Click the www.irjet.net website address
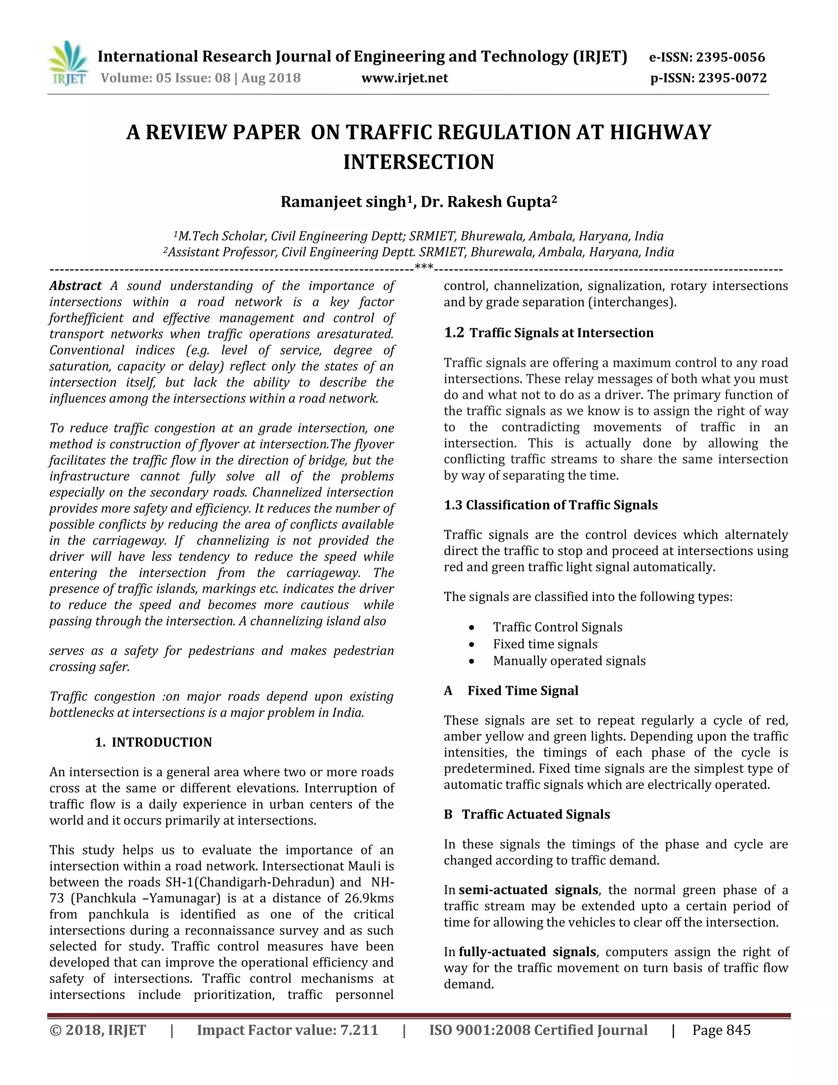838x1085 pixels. [405, 78]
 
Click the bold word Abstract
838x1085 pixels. [75, 286]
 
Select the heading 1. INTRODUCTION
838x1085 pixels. [153, 742]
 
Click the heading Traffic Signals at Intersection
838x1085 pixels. [561, 333]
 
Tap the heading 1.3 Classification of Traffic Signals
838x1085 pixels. [551, 505]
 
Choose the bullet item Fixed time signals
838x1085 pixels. [545, 644]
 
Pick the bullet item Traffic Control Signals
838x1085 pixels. [558, 627]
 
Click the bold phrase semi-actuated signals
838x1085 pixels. [528, 890]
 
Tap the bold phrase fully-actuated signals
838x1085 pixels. [527, 952]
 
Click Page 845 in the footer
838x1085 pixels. [721, 1031]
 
